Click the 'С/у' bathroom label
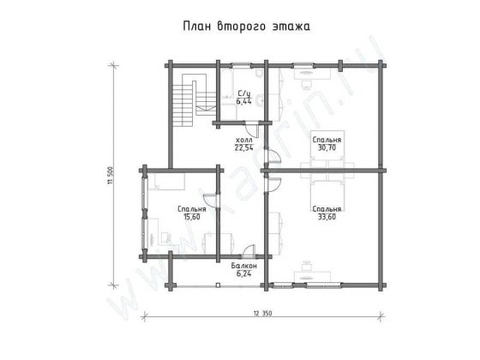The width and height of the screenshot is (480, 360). point(243,94)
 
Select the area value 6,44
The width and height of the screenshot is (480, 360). point(243,102)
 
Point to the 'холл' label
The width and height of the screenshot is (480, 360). point(243,139)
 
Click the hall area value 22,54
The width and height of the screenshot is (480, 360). point(243,147)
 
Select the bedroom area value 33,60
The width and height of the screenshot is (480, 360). point(327,217)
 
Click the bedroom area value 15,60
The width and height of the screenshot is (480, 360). point(191,217)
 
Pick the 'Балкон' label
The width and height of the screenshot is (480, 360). point(243,266)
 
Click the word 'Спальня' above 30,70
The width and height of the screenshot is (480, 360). point(327,139)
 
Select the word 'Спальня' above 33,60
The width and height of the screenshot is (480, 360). point(327,209)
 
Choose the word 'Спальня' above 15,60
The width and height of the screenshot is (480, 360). point(191,209)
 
